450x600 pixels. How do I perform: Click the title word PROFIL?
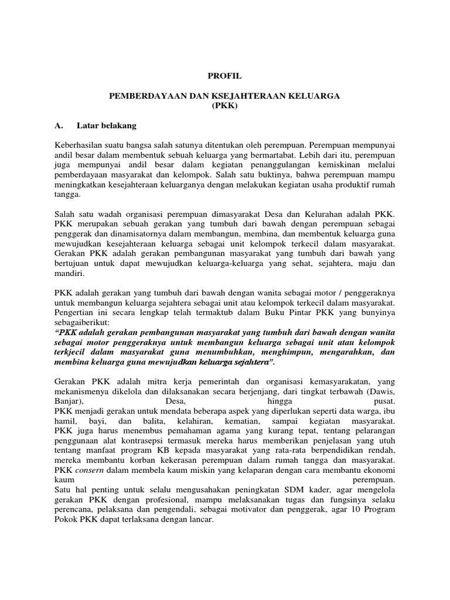coord(225,76)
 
